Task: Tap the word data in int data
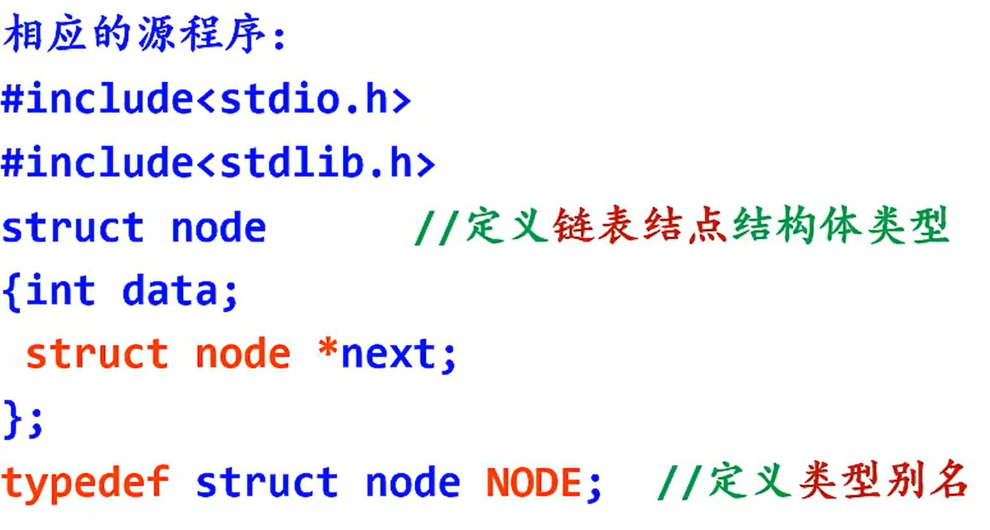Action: (x=170, y=291)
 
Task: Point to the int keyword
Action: (x=61, y=291)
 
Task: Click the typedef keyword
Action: (x=86, y=483)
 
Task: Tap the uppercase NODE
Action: (x=533, y=483)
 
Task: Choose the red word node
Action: (x=242, y=355)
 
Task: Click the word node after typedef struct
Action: (x=412, y=483)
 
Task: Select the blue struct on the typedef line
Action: (x=266, y=483)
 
